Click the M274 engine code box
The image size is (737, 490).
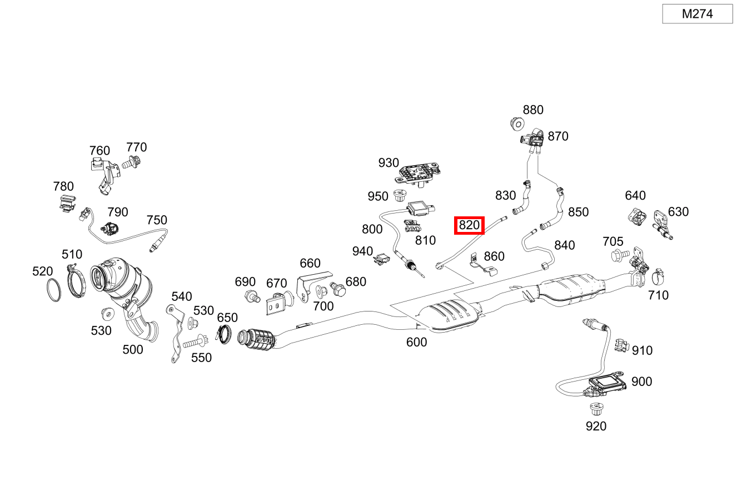698,14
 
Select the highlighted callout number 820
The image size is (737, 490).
469,225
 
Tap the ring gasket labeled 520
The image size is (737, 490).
54,290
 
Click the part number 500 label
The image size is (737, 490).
132,349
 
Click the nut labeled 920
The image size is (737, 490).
596,410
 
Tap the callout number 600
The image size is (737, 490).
416,342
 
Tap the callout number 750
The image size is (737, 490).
156,220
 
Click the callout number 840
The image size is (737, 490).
565,245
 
